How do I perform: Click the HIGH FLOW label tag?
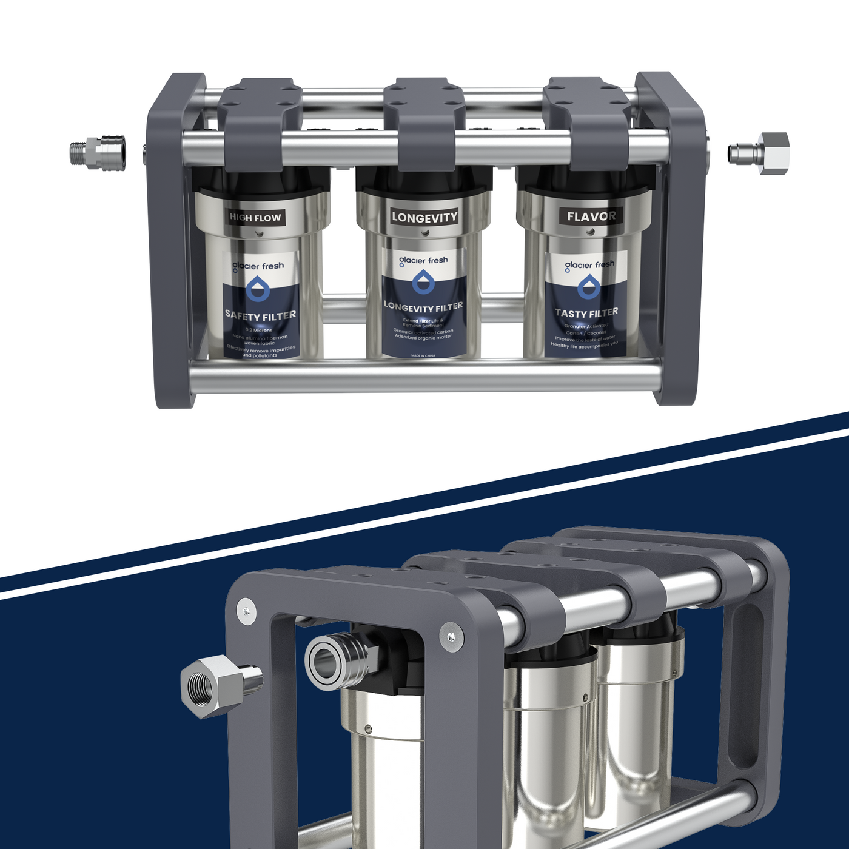pyautogui.click(x=255, y=217)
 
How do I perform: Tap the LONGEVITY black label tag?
pyautogui.click(x=424, y=217)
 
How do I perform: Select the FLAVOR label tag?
pyautogui.click(x=591, y=216)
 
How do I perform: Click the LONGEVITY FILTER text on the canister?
pyautogui.click(x=423, y=307)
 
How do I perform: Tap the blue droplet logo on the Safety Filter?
pyautogui.click(x=258, y=289)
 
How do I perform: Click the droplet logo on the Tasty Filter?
pyautogui.click(x=588, y=286)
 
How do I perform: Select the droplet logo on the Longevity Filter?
pyautogui.click(x=423, y=283)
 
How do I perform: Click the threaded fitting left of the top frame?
pyautogui.click(x=97, y=153)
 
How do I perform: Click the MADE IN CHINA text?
pyautogui.click(x=423, y=356)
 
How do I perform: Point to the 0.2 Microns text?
pyautogui.click(x=259, y=330)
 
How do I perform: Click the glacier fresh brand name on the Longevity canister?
pyautogui.click(x=423, y=261)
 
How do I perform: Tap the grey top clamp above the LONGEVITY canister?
pyautogui.click(x=424, y=121)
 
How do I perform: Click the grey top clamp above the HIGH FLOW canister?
pyautogui.click(x=261, y=121)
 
